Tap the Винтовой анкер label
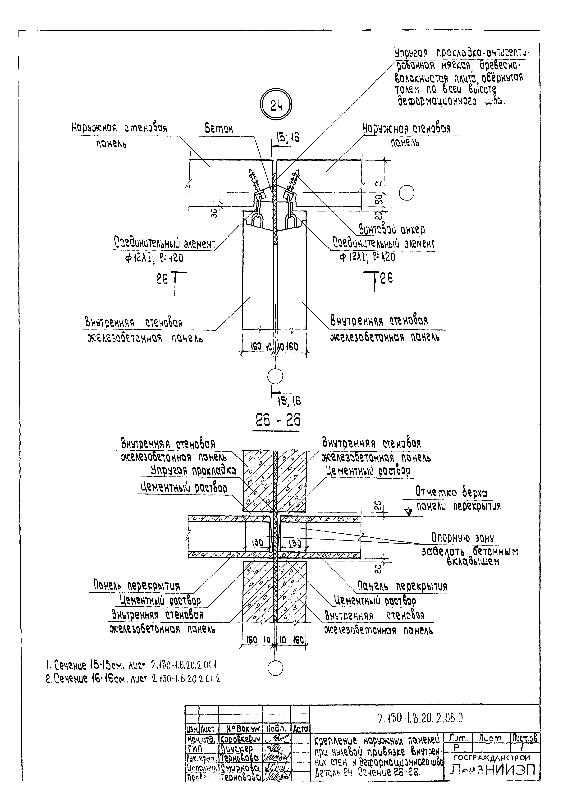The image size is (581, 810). tap(392, 230)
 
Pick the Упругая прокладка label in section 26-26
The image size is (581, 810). tap(193, 470)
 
